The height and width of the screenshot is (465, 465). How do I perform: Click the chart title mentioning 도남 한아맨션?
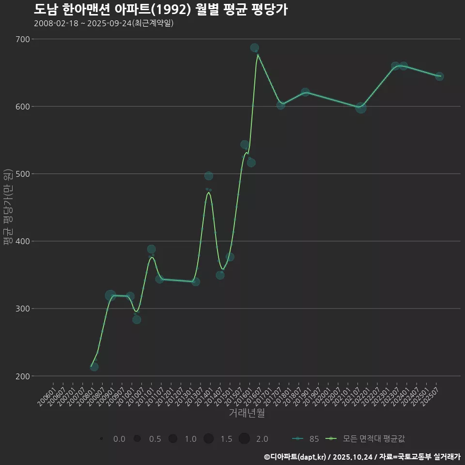161,9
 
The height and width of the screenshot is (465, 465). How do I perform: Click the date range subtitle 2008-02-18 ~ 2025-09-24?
104,23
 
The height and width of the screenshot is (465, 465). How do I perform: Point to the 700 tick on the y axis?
24,39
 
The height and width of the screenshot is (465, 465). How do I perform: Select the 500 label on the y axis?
24,173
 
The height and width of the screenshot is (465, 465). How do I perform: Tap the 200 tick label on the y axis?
24,376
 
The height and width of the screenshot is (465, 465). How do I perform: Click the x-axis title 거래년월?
247,413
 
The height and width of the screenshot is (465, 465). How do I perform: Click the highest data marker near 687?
254,48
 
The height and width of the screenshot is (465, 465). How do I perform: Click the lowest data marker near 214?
94,367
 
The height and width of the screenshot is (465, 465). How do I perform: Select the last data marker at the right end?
439,77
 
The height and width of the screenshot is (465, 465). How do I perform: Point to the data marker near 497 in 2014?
209,176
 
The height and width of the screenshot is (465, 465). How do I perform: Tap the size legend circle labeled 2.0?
244,439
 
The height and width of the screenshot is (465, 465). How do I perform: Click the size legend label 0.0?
119,439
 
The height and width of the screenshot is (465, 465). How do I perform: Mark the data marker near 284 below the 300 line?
137,320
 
